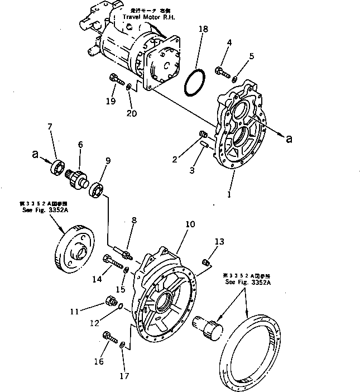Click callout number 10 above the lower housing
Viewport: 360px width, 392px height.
click(x=190, y=224)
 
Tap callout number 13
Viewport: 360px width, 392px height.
click(x=218, y=241)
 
